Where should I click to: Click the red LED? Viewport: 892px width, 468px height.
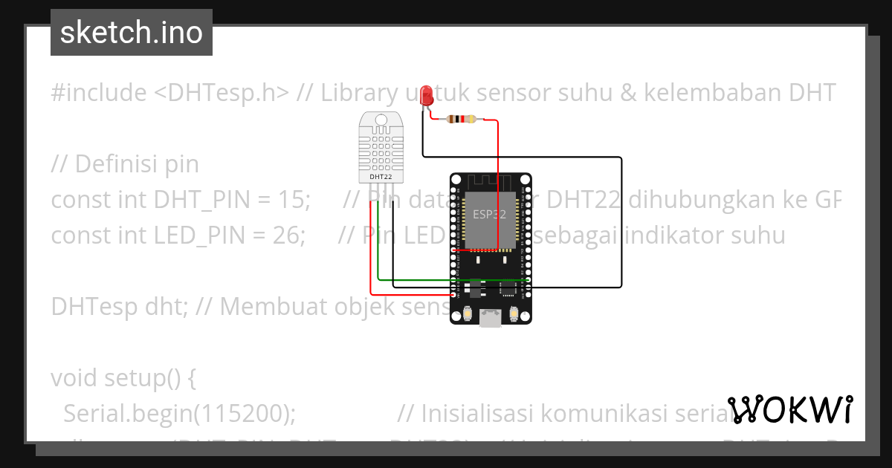[x=427, y=96]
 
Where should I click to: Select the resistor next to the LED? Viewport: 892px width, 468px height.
[x=463, y=119]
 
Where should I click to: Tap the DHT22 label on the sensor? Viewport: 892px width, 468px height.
[x=381, y=177]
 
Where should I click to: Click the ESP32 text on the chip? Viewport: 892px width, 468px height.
[x=490, y=214]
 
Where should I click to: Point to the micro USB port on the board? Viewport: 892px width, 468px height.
[x=490, y=317]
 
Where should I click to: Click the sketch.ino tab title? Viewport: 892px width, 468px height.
[x=131, y=33]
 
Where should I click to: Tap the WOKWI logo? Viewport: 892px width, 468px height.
[x=792, y=410]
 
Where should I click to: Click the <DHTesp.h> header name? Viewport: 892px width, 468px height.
[x=222, y=93]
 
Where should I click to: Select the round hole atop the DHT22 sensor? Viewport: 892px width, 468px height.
[x=381, y=120]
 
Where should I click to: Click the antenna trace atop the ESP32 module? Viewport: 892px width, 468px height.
[x=490, y=182]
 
